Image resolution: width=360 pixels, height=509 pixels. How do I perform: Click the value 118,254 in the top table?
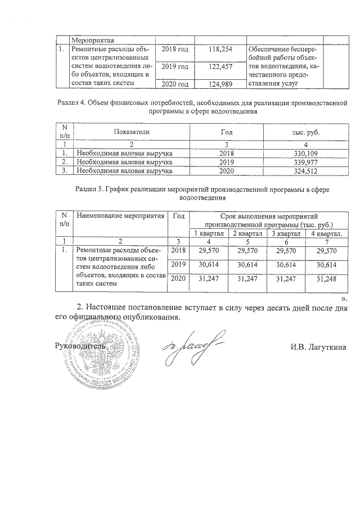click(x=220, y=49)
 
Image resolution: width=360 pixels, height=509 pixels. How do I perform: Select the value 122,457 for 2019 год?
click(x=220, y=67)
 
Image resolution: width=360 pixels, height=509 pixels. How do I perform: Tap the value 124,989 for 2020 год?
click(x=220, y=84)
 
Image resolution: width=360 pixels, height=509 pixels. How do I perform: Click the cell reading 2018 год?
click(x=174, y=49)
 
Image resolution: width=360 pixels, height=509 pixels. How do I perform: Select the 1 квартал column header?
click(x=209, y=233)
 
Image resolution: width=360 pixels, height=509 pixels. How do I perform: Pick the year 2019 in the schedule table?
click(x=178, y=264)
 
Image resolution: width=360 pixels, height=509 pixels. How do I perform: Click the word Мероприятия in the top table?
click(x=92, y=40)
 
